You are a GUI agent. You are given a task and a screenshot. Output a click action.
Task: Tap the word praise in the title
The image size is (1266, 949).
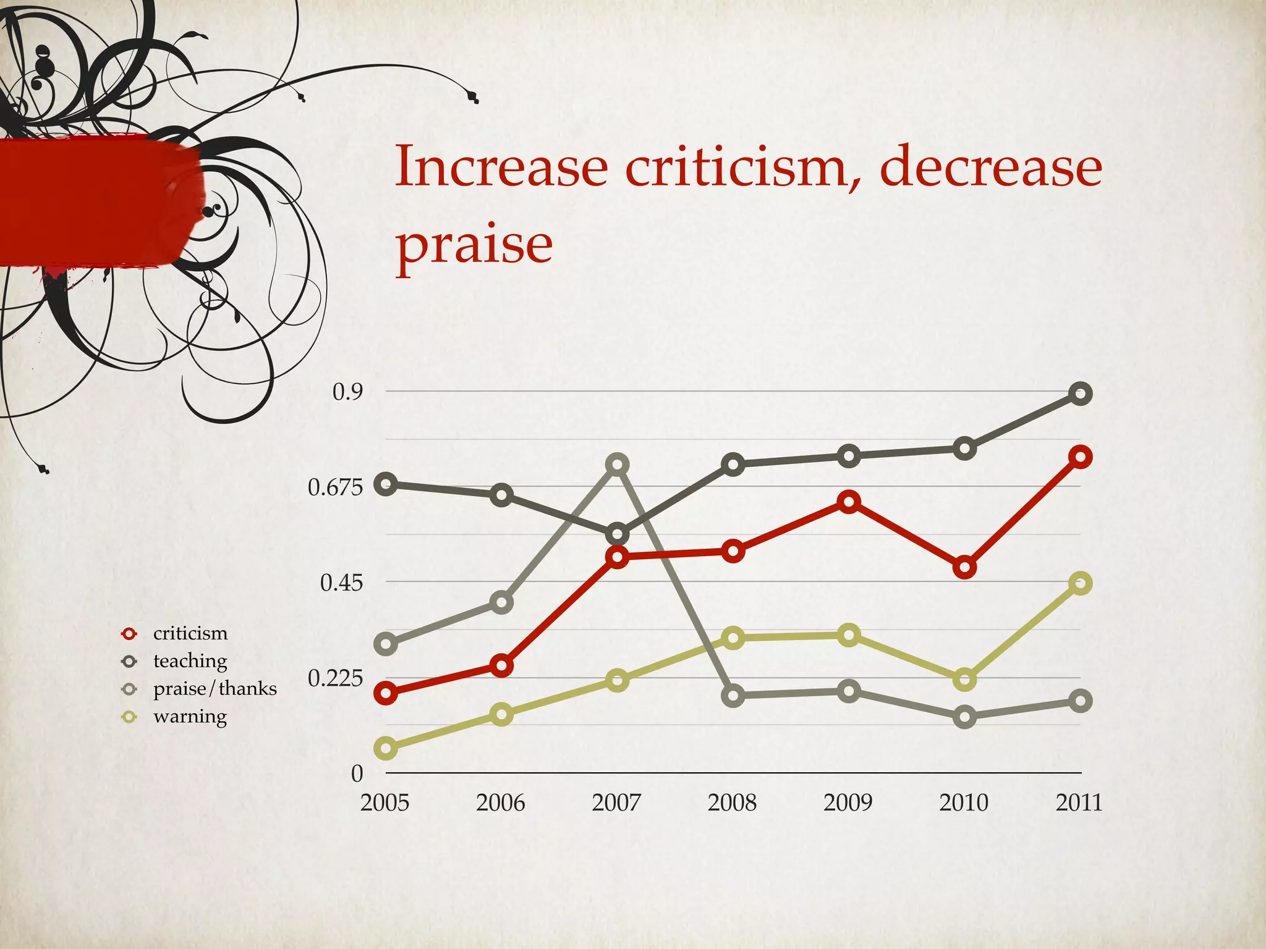coord(474,245)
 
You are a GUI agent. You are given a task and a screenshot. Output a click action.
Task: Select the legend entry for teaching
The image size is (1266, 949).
coord(190,661)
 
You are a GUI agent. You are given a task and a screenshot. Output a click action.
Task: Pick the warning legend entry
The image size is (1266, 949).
coord(190,717)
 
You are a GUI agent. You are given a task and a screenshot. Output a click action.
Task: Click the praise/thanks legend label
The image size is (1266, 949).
coord(215,688)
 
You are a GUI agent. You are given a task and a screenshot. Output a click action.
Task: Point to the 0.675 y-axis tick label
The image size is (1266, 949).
coord(336,488)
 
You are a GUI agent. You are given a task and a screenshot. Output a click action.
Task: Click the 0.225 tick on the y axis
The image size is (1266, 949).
coord(336,678)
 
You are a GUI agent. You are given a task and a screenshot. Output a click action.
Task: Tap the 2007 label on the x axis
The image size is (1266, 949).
coord(616,803)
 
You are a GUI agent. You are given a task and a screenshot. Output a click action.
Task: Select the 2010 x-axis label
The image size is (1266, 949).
coord(964,803)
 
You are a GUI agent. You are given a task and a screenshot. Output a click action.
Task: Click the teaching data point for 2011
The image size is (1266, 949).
coord(1080,394)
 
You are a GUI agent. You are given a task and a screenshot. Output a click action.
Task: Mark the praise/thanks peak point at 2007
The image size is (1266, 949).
coord(617,465)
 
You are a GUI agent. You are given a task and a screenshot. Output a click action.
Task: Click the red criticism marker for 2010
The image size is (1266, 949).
coord(964,567)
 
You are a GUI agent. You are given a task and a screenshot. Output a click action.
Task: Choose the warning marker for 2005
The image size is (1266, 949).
coord(386,748)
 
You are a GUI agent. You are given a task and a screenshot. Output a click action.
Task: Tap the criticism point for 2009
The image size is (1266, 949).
coord(849,502)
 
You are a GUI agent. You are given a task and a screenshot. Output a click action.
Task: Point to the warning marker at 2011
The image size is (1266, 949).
coord(1080,583)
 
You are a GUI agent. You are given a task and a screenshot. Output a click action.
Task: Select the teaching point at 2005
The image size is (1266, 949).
coord(386,484)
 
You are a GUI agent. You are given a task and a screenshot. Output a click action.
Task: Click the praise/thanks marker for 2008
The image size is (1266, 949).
coord(733,696)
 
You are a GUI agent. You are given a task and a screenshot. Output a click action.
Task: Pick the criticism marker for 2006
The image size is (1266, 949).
coord(501,665)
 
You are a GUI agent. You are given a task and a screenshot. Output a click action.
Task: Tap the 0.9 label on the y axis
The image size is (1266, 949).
coord(347,392)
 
